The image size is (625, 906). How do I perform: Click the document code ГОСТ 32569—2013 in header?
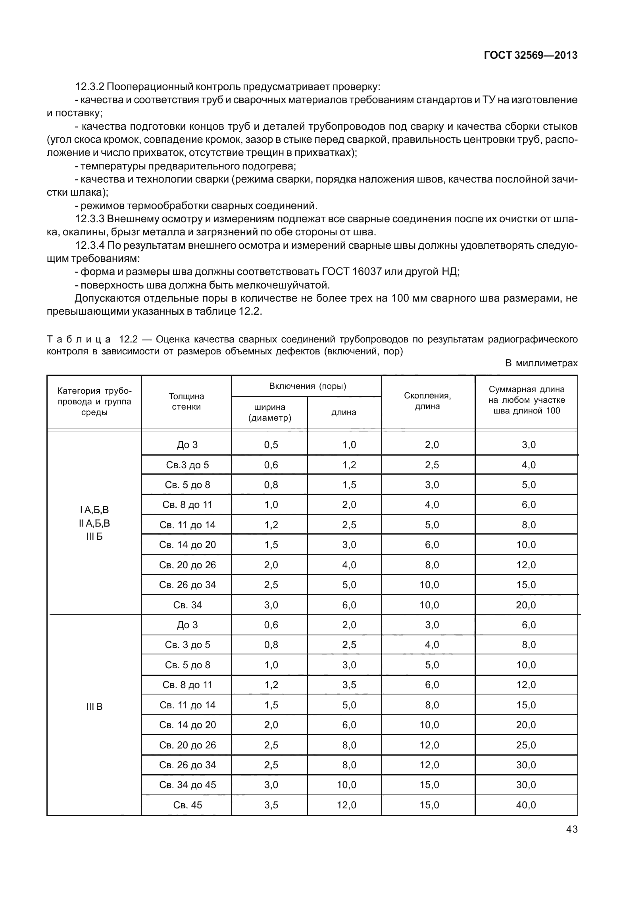tap(530, 56)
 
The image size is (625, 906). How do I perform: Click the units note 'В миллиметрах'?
tap(541, 363)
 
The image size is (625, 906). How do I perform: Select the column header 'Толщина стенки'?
tap(186, 401)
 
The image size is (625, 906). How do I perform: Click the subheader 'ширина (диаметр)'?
tap(269, 413)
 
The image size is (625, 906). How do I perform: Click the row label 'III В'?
tap(94, 707)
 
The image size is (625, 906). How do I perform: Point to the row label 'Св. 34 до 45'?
tap(187, 785)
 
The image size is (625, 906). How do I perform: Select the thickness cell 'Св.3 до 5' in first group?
tap(187, 465)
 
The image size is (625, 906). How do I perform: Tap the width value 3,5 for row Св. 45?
tap(271, 805)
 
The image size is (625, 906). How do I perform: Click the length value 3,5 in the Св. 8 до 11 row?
tap(349, 685)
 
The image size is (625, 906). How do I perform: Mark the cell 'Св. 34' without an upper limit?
tap(187, 605)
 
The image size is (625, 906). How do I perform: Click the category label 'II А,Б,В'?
tap(94, 523)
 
